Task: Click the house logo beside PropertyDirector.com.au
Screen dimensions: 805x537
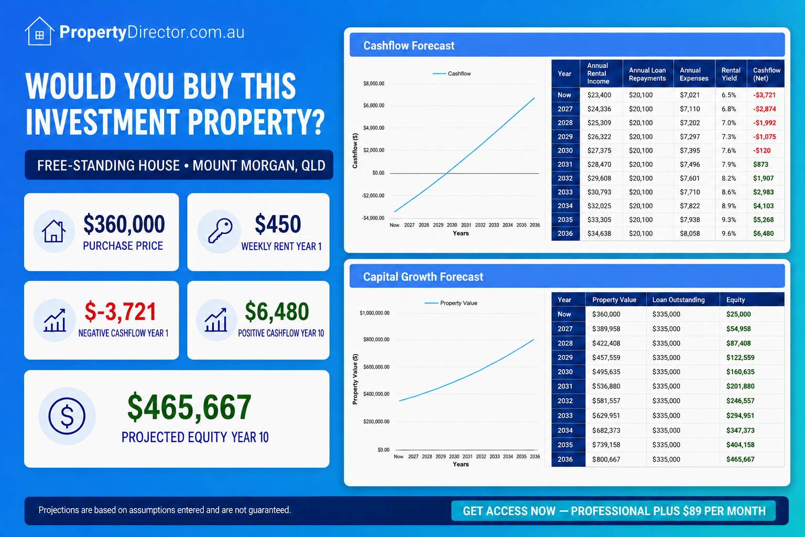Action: [x=39, y=31]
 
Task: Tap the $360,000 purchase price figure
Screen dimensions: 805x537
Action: [x=124, y=224]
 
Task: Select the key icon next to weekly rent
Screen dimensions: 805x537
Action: [x=220, y=231]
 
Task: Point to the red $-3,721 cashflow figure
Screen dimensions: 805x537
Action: [x=120, y=312]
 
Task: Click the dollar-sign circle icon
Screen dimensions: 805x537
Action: [x=67, y=416]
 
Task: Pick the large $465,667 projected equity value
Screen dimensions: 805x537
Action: [x=189, y=407]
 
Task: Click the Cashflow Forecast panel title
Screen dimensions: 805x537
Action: [x=409, y=46]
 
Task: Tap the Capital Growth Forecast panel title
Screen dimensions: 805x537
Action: [x=423, y=276]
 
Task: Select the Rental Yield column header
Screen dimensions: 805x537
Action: [x=731, y=74]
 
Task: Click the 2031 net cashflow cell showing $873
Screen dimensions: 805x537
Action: [x=760, y=164]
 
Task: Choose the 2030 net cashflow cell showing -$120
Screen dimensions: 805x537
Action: [x=762, y=151]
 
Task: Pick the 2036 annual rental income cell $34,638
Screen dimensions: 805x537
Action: [x=599, y=233]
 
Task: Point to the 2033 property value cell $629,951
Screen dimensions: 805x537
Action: [x=606, y=415]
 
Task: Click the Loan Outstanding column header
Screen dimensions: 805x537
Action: [x=678, y=299]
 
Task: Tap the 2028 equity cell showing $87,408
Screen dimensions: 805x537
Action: [x=738, y=343]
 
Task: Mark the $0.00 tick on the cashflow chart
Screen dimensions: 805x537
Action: [x=378, y=173]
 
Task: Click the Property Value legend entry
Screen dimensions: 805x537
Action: [x=451, y=303]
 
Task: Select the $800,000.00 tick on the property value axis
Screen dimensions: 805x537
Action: [x=376, y=339]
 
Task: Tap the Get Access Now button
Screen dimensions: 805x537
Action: [x=614, y=511]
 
